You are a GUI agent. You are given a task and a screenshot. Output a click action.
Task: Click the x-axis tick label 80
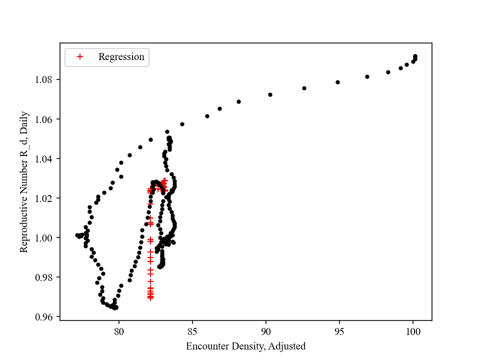click(x=119, y=330)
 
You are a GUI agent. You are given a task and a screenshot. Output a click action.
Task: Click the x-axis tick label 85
click(x=192, y=330)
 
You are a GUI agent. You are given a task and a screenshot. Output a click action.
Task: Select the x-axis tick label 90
click(x=266, y=330)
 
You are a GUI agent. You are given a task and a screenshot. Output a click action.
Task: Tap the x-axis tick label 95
click(x=339, y=330)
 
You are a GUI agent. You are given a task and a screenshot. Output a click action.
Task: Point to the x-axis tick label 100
click(x=413, y=330)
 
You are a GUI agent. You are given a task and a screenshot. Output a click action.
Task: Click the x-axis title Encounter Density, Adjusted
click(x=245, y=346)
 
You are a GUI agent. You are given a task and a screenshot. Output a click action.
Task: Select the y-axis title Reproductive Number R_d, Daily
click(x=24, y=181)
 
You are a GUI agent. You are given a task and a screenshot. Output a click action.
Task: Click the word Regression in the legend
click(x=121, y=57)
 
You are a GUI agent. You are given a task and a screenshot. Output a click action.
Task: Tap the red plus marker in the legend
click(x=79, y=57)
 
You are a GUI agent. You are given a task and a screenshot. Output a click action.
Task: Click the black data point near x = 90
click(x=270, y=94)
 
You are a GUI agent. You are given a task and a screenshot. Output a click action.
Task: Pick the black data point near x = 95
click(x=337, y=82)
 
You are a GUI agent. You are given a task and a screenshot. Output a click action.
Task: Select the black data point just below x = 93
click(x=304, y=88)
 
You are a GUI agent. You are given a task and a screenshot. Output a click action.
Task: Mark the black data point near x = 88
click(x=238, y=101)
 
